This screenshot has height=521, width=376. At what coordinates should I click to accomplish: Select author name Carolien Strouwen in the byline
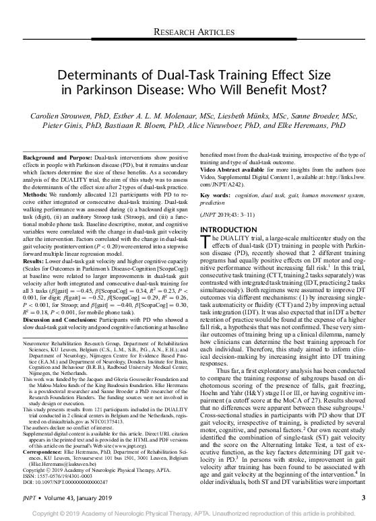57,116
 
